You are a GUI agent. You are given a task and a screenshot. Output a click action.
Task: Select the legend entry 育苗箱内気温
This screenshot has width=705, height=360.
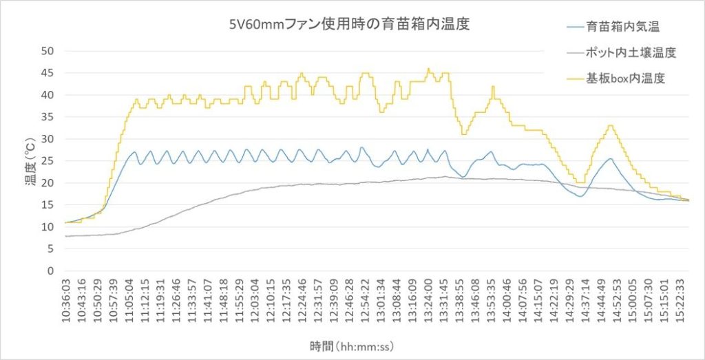(x=624, y=28)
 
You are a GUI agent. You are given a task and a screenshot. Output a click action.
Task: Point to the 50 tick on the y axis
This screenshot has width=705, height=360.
(x=48, y=51)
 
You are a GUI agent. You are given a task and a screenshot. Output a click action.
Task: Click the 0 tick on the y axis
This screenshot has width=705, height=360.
(x=50, y=271)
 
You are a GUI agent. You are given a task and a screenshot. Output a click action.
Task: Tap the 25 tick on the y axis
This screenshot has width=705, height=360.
(x=48, y=161)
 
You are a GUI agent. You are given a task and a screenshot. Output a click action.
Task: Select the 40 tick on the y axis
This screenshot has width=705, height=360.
(x=48, y=95)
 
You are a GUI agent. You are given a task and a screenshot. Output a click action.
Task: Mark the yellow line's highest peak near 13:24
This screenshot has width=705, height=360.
(x=428, y=69)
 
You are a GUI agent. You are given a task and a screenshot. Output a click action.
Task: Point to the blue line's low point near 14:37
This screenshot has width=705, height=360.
(x=580, y=196)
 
